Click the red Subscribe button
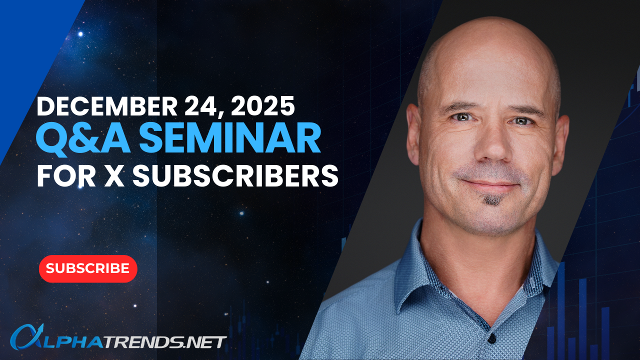tap(88, 268)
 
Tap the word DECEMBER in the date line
tap(107, 106)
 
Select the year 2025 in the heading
tap(263, 106)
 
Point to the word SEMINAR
tap(229, 137)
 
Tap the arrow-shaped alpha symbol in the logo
tap(27, 337)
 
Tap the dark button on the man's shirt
tap(492, 338)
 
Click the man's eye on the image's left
tap(460, 117)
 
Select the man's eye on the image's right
tap(521, 121)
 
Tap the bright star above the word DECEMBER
tap(80, 34)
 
